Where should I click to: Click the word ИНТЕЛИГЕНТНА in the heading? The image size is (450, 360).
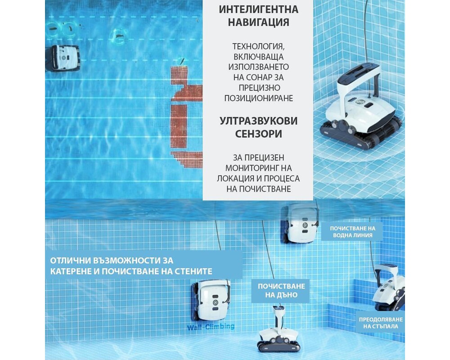click(x=259, y=9)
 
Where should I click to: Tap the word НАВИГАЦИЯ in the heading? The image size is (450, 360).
click(x=259, y=22)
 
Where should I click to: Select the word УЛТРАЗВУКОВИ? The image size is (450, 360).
click(x=259, y=121)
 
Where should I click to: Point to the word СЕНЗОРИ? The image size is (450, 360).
click(x=259, y=134)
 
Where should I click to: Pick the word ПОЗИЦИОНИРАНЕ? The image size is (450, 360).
click(x=259, y=98)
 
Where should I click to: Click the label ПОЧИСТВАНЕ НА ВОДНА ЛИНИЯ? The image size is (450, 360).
click(x=353, y=232)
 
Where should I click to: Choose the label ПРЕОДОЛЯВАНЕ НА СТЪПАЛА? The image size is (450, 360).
click(x=381, y=323)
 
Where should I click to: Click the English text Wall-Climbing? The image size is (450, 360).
click(x=211, y=327)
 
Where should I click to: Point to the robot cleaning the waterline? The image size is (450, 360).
click(x=299, y=223)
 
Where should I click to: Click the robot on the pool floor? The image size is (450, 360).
click(x=278, y=330)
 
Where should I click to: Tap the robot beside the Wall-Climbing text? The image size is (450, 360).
click(x=211, y=301)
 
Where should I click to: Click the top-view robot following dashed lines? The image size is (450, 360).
click(x=62, y=58)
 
